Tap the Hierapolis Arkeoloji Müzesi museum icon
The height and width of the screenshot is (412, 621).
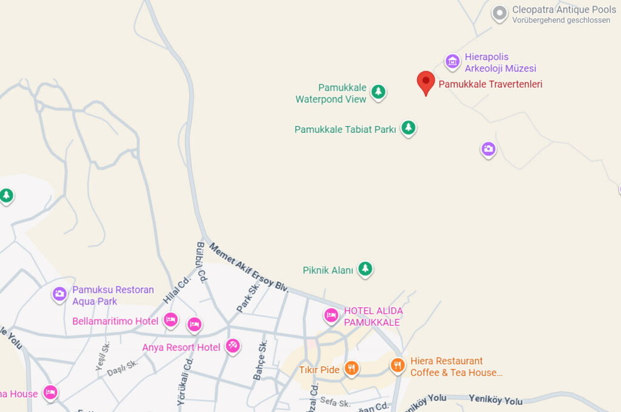point(452,61)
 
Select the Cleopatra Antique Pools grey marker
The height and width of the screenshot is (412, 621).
point(499,13)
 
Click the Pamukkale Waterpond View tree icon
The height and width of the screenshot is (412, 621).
point(378,92)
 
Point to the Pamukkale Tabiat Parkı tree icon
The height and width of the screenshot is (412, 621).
point(409,128)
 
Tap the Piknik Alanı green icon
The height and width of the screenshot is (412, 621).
point(365,268)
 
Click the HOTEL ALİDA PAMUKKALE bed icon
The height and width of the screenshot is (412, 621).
point(331,315)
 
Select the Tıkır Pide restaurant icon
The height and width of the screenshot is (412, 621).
point(351,368)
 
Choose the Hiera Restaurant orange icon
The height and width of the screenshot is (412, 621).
point(398,365)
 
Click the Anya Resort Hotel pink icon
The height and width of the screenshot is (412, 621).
point(233,345)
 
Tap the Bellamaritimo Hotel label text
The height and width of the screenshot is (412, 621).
point(115,321)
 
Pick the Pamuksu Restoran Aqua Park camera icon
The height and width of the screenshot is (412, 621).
point(59,294)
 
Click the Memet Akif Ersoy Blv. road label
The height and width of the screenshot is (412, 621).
point(249,267)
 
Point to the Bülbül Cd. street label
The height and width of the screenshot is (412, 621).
point(202,261)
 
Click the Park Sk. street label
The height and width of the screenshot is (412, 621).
point(248,297)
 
